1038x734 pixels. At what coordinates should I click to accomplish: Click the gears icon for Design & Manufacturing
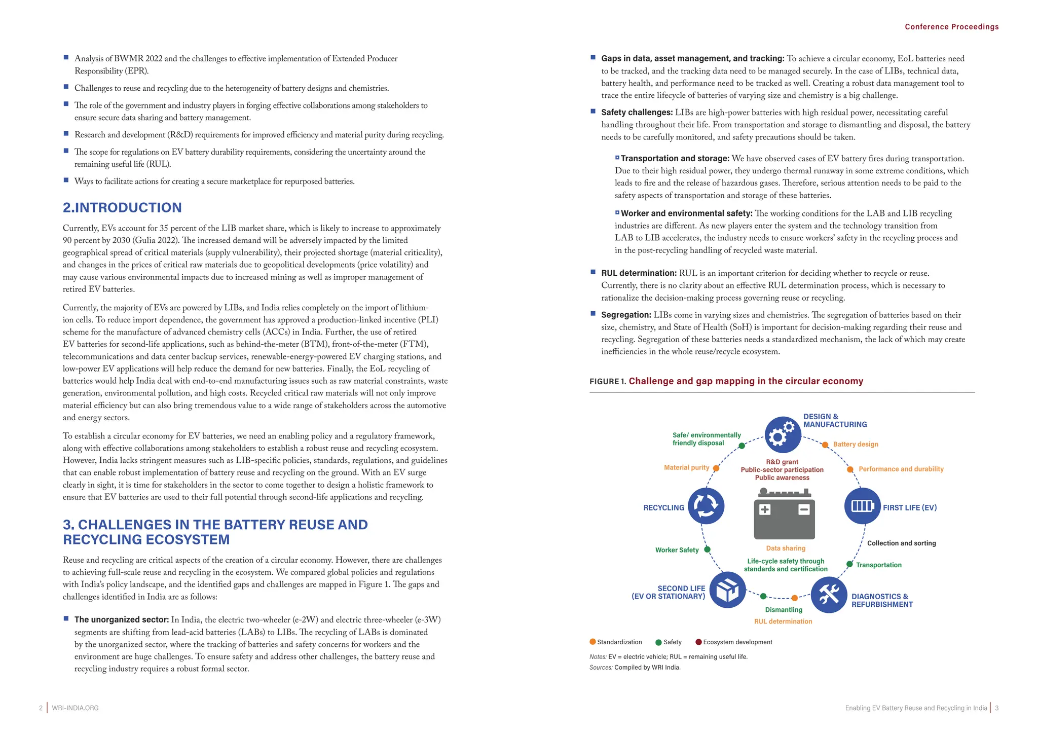pyautogui.click(x=782, y=434)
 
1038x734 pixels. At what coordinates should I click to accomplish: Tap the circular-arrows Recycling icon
pyautogui.click(x=706, y=506)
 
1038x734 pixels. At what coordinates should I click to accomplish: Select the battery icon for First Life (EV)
pyautogui.click(x=862, y=506)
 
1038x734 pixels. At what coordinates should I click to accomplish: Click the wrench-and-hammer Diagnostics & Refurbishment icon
pyautogui.click(x=829, y=595)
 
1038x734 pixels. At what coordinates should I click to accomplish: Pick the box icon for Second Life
pyautogui.click(x=727, y=590)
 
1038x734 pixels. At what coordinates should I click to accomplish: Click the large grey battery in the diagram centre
pyautogui.click(x=784, y=515)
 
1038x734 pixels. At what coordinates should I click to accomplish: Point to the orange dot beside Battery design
pyautogui.click(x=825, y=445)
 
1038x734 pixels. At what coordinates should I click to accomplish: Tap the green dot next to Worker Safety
pyautogui.click(x=707, y=549)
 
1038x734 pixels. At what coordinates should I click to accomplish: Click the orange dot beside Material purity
pyautogui.click(x=716, y=468)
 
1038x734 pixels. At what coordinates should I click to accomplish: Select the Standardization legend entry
pyautogui.click(x=616, y=642)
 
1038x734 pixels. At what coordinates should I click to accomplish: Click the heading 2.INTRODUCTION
pyautogui.click(x=122, y=208)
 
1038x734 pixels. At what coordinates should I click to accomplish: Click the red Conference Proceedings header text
pyautogui.click(x=951, y=27)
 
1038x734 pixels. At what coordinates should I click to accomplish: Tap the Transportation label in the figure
pyautogui.click(x=878, y=565)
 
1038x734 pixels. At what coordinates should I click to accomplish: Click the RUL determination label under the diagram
pyautogui.click(x=783, y=621)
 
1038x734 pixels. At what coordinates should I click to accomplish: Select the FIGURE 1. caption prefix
pyautogui.click(x=608, y=381)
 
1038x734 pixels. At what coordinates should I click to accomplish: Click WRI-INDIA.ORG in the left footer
pyautogui.click(x=75, y=708)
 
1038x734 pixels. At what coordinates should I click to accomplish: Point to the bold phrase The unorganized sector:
pyautogui.click(x=121, y=619)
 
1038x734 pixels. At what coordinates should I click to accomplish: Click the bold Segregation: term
pyautogui.click(x=626, y=315)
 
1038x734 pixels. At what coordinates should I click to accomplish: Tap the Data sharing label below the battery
pyautogui.click(x=786, y=548)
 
